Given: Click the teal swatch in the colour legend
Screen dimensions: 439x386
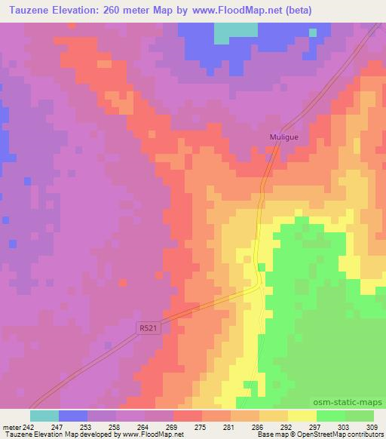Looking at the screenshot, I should (x=44, y=416).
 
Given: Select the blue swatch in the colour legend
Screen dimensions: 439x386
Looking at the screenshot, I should (x=72, y=416).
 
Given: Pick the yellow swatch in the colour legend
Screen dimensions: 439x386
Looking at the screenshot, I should (x=302, y=416).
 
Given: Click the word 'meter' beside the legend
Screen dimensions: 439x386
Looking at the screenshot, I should (x=12, y=427).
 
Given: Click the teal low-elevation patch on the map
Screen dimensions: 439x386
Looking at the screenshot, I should (x=234, y=32).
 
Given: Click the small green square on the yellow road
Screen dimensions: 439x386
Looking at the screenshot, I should (x=261, y=267).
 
